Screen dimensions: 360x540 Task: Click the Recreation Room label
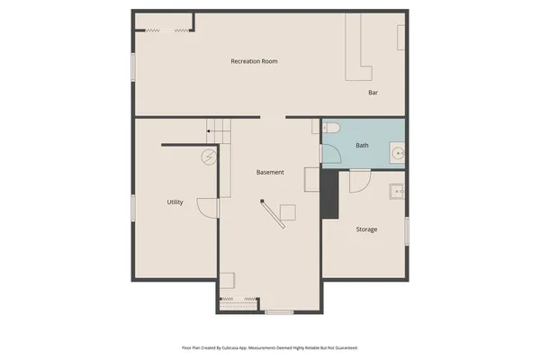[254, 61]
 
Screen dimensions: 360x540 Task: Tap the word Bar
[373, 93]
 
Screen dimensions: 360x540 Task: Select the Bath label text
[362, 145]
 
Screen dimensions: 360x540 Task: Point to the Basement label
[270, 172]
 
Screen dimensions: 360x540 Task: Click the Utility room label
[175, 202]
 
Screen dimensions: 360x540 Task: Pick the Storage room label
[366, 229]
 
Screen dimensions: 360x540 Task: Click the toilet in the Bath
[330, 129]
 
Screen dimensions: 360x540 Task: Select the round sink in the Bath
[396, 153]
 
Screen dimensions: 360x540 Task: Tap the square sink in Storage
[395, 192]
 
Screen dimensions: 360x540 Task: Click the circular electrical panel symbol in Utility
[209, 156]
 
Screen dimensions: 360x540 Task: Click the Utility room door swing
[207, 208]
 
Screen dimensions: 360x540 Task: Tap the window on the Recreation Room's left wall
[133, 67]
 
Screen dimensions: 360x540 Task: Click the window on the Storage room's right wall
[407, 230]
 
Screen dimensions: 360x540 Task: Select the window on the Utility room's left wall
[133, 206]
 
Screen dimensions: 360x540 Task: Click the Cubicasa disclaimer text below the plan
[270, 346]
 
